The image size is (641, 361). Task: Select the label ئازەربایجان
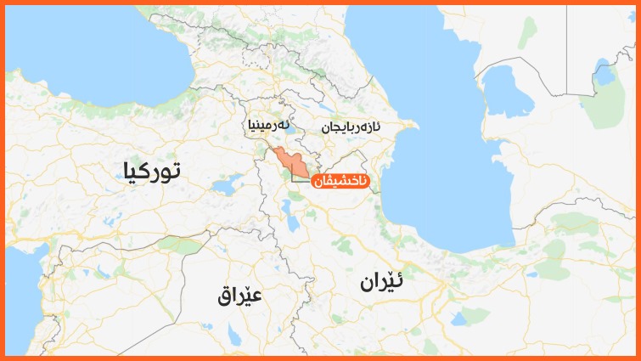click(351, 127)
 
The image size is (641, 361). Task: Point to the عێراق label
click(239, 295)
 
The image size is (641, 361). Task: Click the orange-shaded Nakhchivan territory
click(289, 160)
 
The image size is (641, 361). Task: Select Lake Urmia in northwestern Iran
click(290, 223)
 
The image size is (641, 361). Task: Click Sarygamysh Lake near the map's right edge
click(604, 77)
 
